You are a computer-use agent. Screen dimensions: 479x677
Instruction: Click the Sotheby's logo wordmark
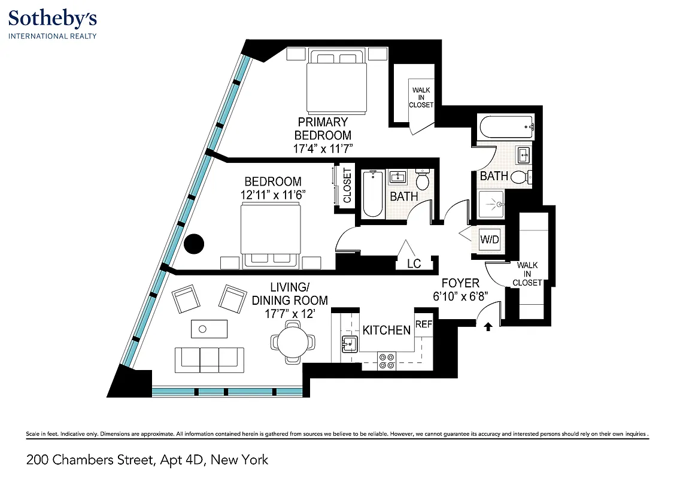(53, 19)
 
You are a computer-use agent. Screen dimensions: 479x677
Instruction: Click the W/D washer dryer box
(489, 240)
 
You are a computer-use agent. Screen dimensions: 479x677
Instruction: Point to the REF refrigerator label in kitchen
(423, 324)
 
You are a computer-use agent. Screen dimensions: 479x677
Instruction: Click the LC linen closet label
(414, 263)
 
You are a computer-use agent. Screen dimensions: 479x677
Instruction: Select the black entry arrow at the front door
(488, 326)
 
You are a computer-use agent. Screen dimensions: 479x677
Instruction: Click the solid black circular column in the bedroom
(194, 244)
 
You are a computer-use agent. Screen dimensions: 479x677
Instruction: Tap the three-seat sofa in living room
(209, 358)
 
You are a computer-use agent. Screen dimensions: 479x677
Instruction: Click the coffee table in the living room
(209, 329)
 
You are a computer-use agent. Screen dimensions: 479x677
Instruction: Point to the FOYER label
(460, 283)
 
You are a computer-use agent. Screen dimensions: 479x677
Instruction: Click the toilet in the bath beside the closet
(423, 180)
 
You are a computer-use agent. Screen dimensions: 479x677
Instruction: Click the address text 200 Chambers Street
(147, 460)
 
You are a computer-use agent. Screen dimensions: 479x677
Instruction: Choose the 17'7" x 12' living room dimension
(290, 313)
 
